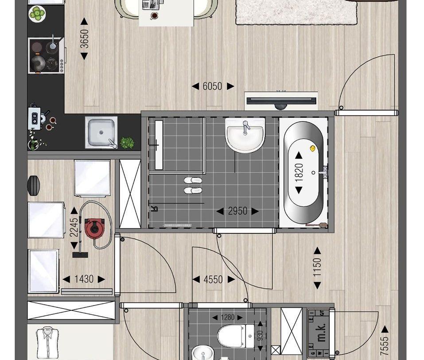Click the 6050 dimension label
[x=212, y=87]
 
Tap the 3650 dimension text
[x=84, y=38]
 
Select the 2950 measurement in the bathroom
[x=237, y=212]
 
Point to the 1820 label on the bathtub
[x=299, y=172]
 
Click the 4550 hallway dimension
[x=213, y=279]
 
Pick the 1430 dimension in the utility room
[x=84, y=279]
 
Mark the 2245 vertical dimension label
[x=74, y=227]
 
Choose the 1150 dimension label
[x=317, y=267]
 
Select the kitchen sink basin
[x=101, y=132]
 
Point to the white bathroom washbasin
[x=245, y=134]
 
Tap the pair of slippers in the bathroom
[x=193, y=185]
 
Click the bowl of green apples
[x=38, y=13]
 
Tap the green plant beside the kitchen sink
[x=128, y=143]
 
